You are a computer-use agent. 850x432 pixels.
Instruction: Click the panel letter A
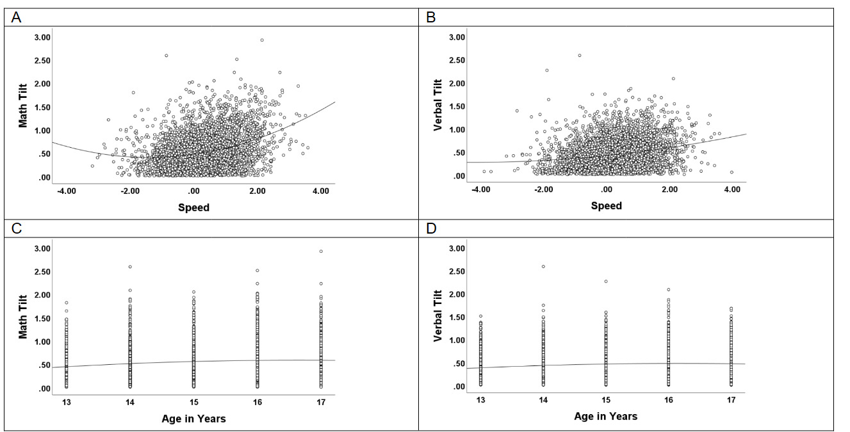click(17, 18)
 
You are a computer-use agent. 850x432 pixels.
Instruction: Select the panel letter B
click(431, 18)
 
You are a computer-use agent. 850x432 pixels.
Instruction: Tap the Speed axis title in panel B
click(606, 205)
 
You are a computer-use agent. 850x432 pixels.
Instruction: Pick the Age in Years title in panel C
click(193, 419)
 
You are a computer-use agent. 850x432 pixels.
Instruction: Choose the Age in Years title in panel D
click(606, 416)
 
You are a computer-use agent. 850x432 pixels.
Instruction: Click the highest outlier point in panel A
click(262, 40)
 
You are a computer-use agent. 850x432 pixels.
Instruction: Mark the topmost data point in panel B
click(580, 55)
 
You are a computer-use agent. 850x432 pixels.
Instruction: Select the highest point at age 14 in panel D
click(543, 266)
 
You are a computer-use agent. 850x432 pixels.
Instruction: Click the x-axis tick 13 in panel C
click(67, 401)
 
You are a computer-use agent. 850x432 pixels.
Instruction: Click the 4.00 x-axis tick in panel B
click(731, 189)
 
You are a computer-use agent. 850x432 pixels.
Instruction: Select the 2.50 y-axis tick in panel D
click(456, 271)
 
